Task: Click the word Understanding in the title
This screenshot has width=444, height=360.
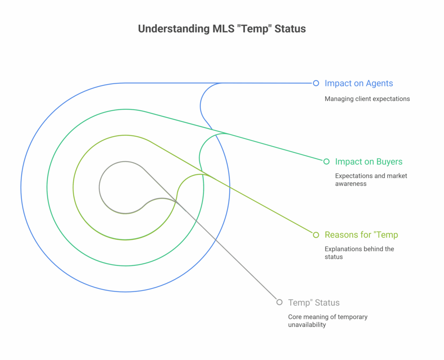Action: [x=173, y=29]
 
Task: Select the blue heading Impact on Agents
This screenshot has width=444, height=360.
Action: [x=359, y=83]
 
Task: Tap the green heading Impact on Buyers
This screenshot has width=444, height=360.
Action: [x=369, y=161]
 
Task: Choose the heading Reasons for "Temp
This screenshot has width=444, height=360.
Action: [x=361, y=235]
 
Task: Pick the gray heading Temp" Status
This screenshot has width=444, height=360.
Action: [x=314, y=302]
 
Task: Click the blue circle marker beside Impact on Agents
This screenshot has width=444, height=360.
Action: [x=316, y=83]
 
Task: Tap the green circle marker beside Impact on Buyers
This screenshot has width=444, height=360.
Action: [x=326, y=161]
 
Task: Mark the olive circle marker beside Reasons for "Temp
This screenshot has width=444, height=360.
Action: [x=316, y=235]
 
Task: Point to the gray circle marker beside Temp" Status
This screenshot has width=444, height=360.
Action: [x=280, y=302]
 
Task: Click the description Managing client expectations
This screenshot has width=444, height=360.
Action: [x=367, y=99]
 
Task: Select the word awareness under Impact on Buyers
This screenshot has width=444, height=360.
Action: [x=351, y=183]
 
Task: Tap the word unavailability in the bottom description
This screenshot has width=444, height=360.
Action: [x=307, y=324]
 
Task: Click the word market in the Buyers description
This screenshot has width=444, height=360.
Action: [x=397, y=176]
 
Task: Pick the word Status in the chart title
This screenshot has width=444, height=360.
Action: [x=290, y=29]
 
